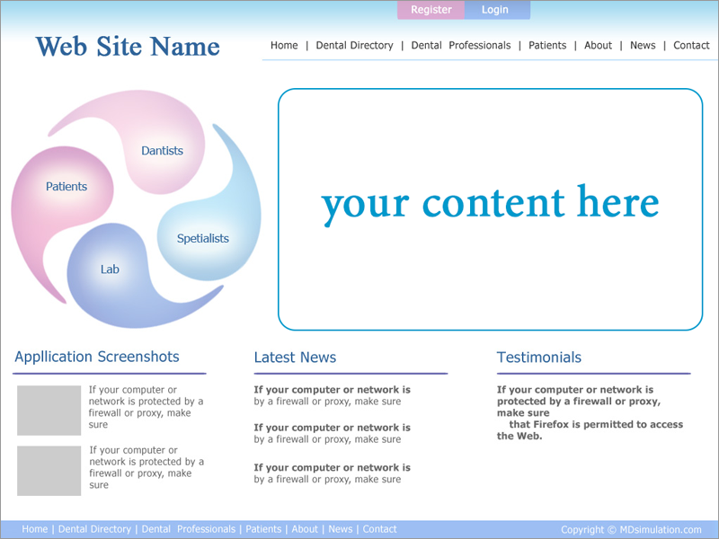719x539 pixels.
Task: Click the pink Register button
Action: (x=431, y=10)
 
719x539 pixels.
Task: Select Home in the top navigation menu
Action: (x=284, y=46)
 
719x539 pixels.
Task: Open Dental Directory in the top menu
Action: (x=354, y=46)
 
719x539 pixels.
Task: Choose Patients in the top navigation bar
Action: (x=547, y=46)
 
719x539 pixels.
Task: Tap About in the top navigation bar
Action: (x=598, y=46)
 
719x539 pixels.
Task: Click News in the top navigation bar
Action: (x=643, y=46)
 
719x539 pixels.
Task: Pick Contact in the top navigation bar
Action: (x=691, y=46)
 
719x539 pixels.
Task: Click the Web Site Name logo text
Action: (x=128, y=47)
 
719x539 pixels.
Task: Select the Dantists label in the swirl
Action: (x=162, y=151)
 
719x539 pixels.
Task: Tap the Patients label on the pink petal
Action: (x=67, y=187)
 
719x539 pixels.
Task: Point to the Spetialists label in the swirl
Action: (x=203, y=239)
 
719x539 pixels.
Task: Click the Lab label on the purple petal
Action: (x=110, y=269)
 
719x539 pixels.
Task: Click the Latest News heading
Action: (x=296, y=357)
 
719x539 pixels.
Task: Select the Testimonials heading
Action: (x=539, y=357)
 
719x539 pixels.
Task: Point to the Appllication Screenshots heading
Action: (x=97, y=357)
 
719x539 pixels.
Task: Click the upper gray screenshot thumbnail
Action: (x=49, y=411)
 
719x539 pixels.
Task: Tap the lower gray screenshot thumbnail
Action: (x=49, y=471)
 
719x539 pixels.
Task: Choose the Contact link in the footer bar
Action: (x=379, y=529)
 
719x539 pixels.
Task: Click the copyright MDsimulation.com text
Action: (x=631, y=530)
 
